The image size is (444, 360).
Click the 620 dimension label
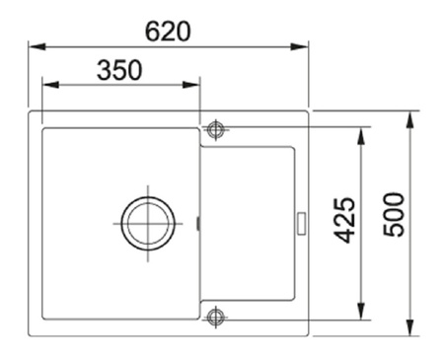point(168,32)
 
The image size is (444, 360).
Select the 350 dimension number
point(119,70)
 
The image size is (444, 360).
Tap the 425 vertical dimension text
point(344,220)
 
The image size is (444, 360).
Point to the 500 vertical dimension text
point(394,214)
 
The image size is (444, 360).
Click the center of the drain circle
point(148,224)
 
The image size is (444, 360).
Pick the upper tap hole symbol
point(215,129)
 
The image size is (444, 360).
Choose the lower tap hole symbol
point(215,317)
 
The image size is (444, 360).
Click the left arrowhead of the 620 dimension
point(37,46)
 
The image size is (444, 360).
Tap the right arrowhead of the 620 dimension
point(300,46)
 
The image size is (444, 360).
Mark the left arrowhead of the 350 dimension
point(50,85)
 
